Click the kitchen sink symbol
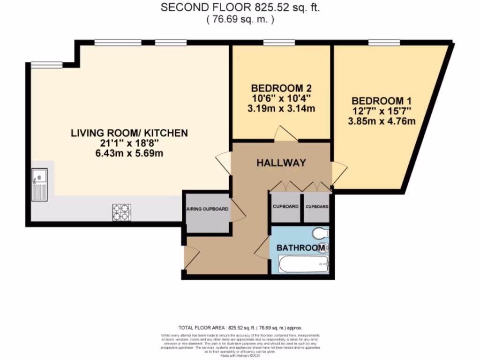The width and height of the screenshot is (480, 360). pos(40,185)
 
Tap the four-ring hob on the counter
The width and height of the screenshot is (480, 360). pos(121,212)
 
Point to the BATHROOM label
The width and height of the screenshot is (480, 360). pos(300,247)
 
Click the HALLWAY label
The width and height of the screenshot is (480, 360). pos(281,163)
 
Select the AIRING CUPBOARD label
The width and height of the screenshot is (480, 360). pos(207,209)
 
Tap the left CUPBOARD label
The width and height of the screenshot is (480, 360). pos(285,207)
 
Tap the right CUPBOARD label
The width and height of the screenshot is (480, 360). pos(316,207)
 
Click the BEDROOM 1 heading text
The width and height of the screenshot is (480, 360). pos(377,101)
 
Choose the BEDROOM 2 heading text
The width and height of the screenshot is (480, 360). pos(282,88)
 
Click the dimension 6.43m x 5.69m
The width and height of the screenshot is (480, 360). pos(129,154)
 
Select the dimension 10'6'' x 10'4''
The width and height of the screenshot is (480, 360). pos(282,98)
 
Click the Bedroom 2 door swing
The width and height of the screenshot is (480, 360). pos(286,134)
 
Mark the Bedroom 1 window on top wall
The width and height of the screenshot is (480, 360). pos(384,43)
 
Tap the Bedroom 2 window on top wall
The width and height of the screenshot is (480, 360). pos(279,43)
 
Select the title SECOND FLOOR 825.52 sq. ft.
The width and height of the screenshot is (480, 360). pos(240,7)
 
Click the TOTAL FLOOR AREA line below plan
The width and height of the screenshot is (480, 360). pos(240,328)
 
